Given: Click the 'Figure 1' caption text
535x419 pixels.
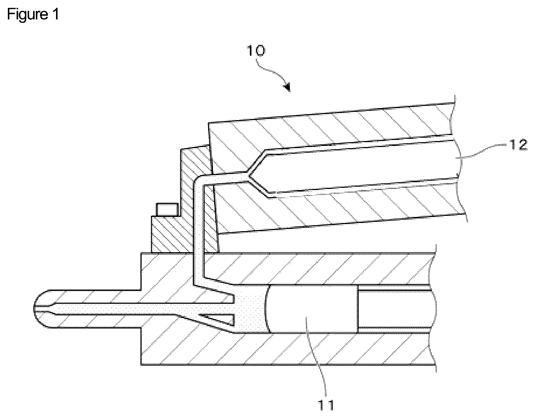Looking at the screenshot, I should [33, 15].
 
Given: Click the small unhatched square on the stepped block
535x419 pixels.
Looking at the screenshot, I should [167, 209].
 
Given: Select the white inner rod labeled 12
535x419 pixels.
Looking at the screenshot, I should [359, 165].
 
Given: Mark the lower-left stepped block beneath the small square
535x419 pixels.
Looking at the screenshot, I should [166, 234].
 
